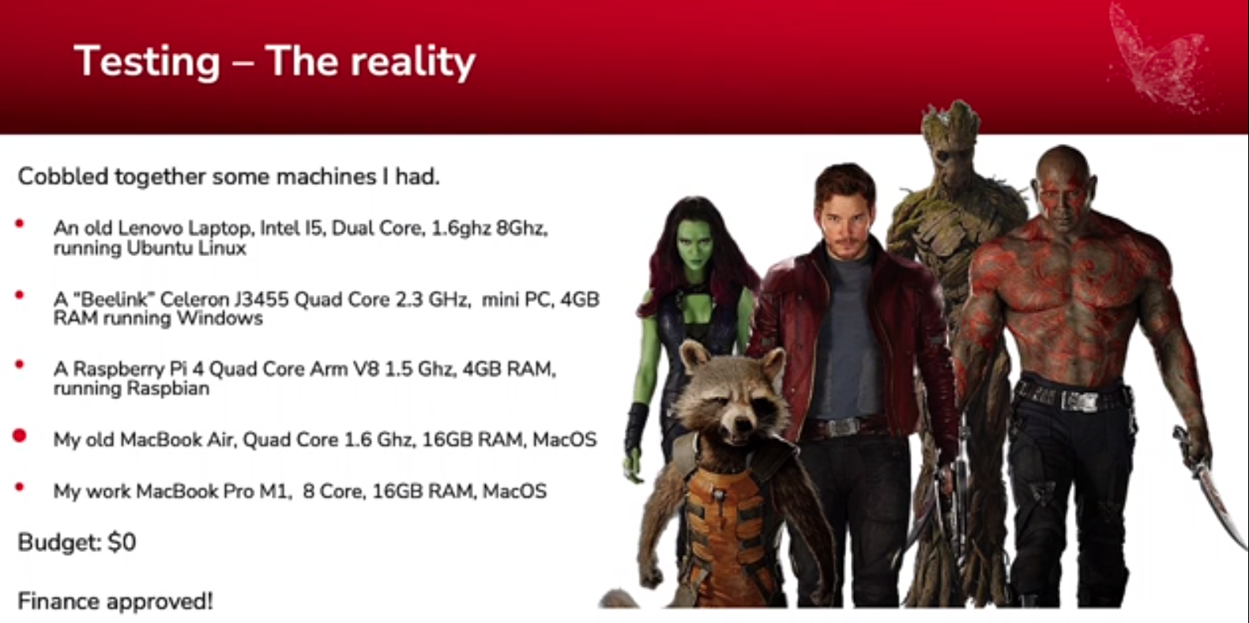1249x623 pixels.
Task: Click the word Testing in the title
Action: click(147, 62)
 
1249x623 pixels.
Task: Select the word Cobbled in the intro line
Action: click(63, 176)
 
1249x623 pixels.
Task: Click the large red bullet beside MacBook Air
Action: click(20, 436)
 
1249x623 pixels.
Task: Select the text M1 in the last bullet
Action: click(276, 491)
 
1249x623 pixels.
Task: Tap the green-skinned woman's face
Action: click(694, 246)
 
